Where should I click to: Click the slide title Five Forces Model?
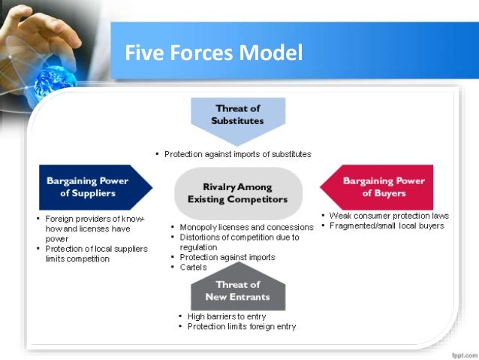(x=214, y=55)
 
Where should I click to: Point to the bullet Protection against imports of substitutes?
(x=237, y=154)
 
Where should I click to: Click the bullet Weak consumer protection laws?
(x=388, y=216)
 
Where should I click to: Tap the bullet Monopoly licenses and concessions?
(x=246, y=227)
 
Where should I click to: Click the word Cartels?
(x=194, y=267)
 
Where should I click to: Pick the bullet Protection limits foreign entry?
(x=241, y=326)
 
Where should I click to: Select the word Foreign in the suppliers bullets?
(x=59, y=219)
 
